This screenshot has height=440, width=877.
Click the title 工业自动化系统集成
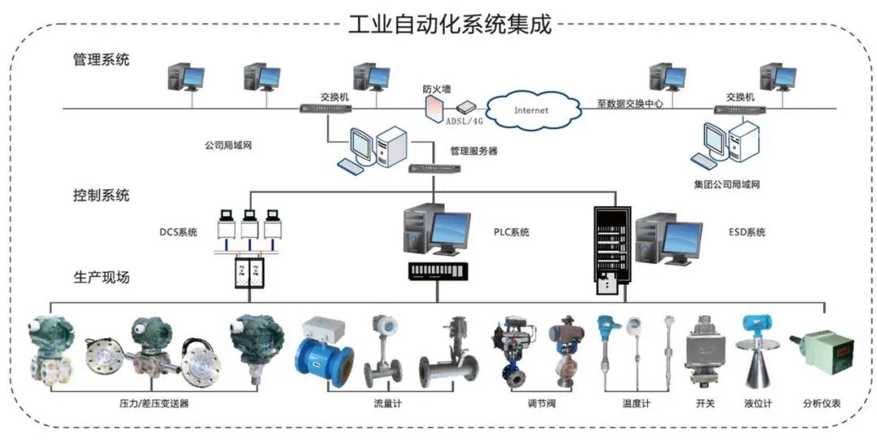450,24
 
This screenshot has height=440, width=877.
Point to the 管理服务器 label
473,151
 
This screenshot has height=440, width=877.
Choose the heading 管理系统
101,60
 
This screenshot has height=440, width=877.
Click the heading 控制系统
101,196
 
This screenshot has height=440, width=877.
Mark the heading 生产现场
101,278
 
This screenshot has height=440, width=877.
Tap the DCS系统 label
178,233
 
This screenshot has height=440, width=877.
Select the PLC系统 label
512,232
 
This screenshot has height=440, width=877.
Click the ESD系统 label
745,232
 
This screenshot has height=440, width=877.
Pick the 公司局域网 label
230,147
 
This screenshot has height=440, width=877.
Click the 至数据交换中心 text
630,103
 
